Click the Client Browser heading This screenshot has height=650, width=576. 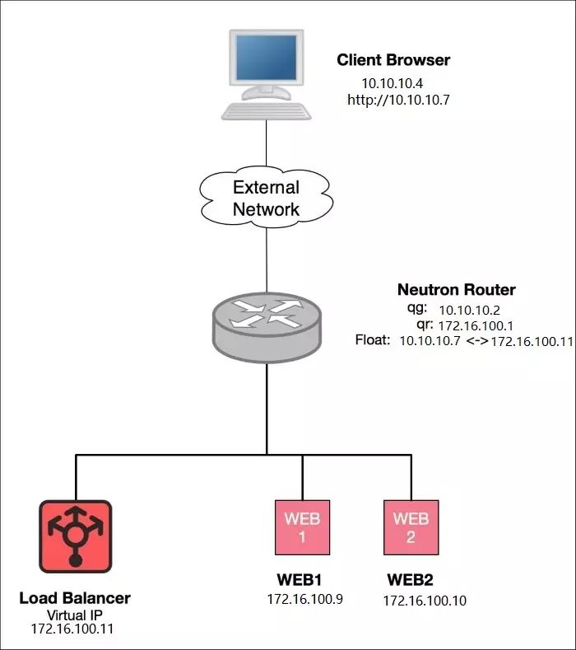[x=393, y=60]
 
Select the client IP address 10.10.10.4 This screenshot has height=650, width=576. [x=393, y=83]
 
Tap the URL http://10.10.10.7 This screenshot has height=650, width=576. [x=398, y=100]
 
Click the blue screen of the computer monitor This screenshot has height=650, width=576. [x=267, y=57]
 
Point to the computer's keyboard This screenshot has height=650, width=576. [x=267, y=111]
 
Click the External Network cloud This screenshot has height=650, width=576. [x=267, y=197]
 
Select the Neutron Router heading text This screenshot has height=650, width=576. [x=457, y=290]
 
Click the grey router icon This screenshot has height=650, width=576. [x=267, y=328]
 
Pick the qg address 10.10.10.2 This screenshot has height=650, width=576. [x=470, y=310]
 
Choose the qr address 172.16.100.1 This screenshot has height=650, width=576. [x=476, y=326]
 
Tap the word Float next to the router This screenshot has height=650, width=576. [x=372, y=340]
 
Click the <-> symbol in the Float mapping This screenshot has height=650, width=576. [x=477, y=341]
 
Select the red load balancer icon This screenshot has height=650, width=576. [x=76, y=536]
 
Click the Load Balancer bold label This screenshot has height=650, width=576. [x=75, y=598]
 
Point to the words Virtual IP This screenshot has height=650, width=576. [x=75, y=615]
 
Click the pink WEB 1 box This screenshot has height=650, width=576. [x=302, y=527]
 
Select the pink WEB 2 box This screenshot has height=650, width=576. [x=411, y=527]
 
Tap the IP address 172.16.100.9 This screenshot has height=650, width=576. [x=304, y=599]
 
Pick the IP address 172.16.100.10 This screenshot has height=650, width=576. [x=425, y=601]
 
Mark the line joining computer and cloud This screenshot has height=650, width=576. [x=267, y=143]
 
